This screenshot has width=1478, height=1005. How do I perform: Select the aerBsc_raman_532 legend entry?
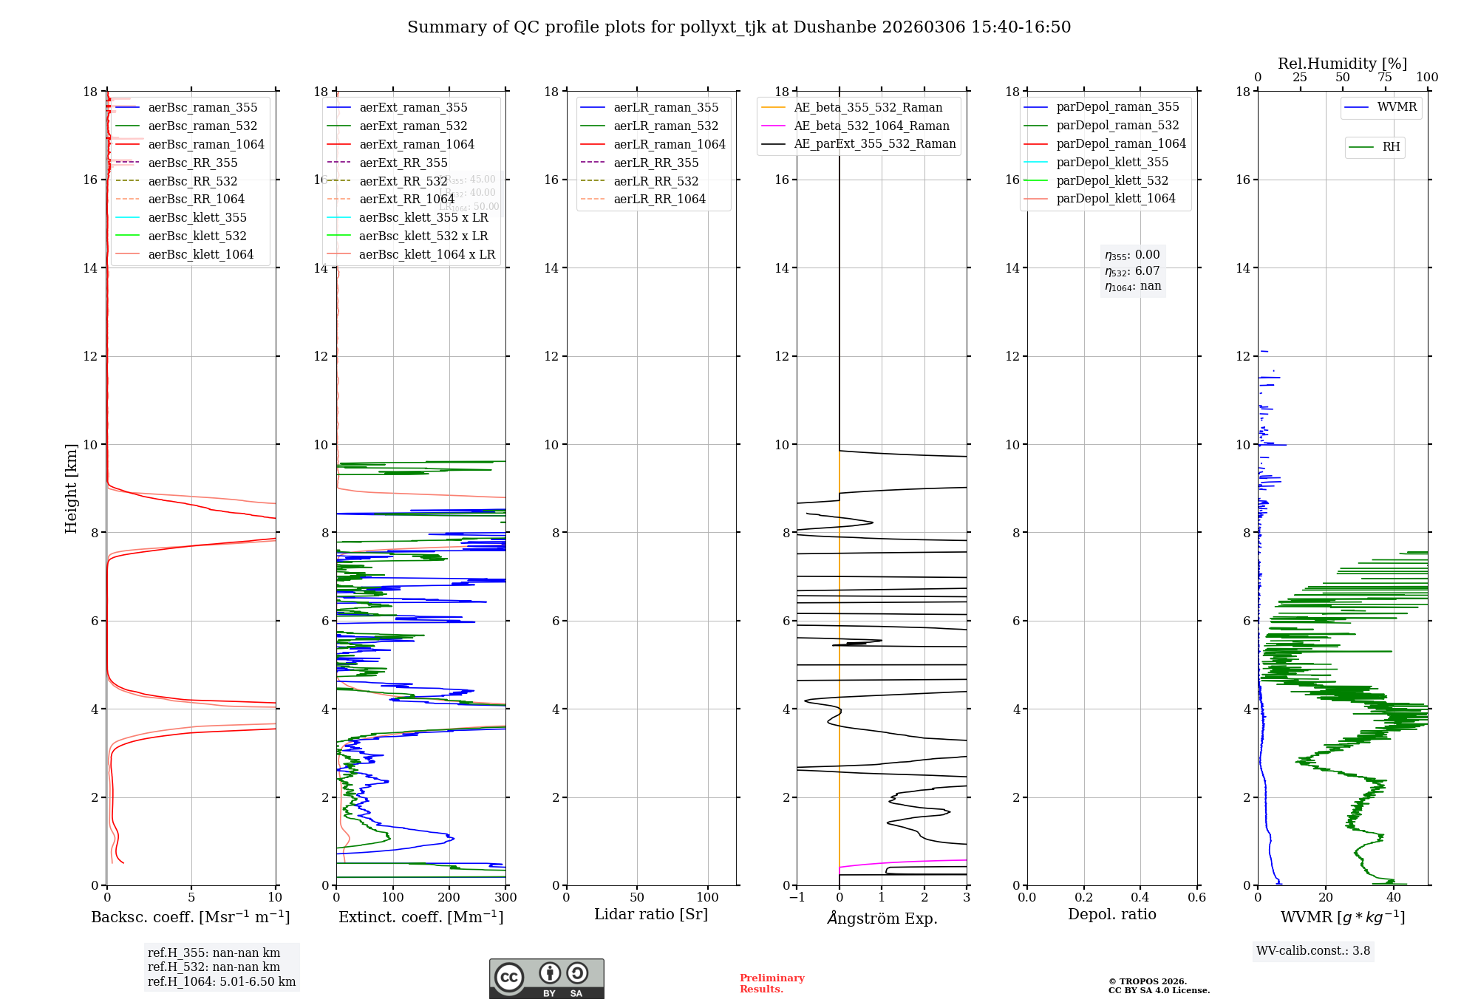202,126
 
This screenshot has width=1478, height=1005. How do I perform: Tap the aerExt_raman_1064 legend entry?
417,145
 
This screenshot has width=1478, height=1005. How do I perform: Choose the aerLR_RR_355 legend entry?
655,163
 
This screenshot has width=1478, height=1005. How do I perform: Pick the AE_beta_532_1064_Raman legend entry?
871,126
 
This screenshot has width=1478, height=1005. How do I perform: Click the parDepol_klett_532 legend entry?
1112,181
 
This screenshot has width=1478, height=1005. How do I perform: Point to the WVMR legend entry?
1397,107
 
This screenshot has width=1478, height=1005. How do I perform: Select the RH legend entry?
1391,147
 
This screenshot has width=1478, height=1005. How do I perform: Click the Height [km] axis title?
71,488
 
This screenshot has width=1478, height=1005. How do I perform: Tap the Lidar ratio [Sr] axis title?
651,915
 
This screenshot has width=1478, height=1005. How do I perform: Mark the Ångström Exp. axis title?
882,919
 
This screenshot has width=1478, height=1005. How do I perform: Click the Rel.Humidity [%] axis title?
1342,64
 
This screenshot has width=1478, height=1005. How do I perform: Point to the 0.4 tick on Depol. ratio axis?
1140,898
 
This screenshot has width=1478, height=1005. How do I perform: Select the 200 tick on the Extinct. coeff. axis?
449,898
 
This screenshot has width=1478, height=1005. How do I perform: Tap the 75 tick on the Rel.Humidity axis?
1384,78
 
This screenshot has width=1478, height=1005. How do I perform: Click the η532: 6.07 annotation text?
1132,271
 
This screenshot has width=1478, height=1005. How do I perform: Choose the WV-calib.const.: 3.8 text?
1313,951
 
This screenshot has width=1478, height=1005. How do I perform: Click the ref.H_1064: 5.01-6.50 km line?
222,982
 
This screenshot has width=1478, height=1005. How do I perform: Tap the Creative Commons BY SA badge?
546,979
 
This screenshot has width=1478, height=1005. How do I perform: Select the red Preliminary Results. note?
772,984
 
